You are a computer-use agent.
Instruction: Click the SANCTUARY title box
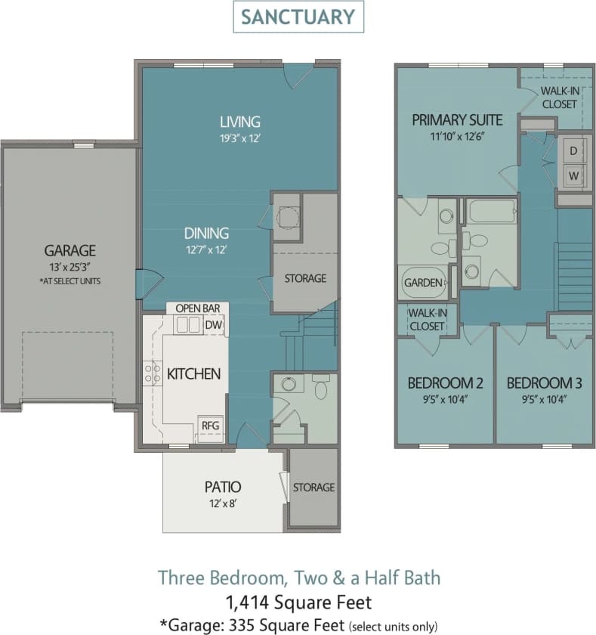[x=298, y=17]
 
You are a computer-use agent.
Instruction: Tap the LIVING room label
[x=240, y=121]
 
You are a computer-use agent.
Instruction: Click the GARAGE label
[x=69, y=250]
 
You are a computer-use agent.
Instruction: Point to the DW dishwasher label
[x=214, y=324]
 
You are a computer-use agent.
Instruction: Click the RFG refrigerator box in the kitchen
[x=210, y=426]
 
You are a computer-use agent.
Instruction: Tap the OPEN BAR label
[x=197, y=308]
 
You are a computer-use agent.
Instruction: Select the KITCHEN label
[x=194, y=373]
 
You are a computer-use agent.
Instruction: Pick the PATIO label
[x=223, y=487]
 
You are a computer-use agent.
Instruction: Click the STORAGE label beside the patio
[x=313, y=488]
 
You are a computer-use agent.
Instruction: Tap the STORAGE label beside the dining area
[x=305, y=278]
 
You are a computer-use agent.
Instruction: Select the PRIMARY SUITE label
[x=457, y=119]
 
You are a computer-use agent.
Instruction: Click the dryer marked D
[x=573, y=151]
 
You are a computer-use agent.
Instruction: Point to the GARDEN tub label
[x=423, y=283]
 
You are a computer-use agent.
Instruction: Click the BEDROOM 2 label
[x=445, y=382]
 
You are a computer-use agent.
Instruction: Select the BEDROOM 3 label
[x=544, y=382]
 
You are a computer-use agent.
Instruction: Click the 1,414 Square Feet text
[x=298, y=602]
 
